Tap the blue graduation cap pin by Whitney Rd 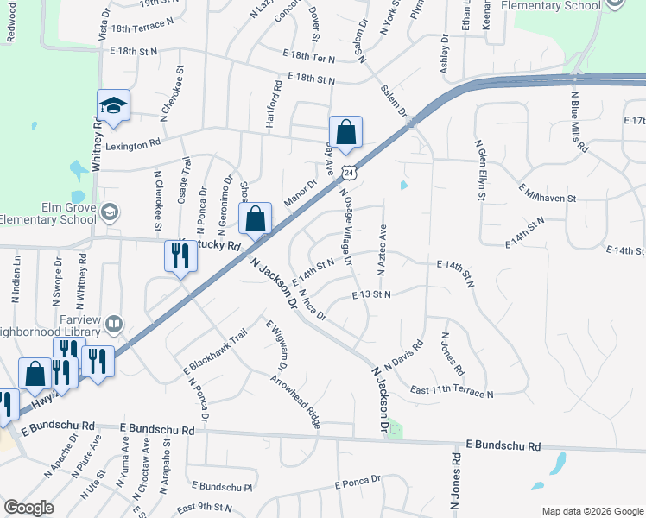tap(113, 106)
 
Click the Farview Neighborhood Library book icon tap(113, 324)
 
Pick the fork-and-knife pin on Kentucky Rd tap(180, 256)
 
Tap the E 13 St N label tap(371, 294)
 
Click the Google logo tap(28, 508)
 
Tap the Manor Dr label tap(301, 186)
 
